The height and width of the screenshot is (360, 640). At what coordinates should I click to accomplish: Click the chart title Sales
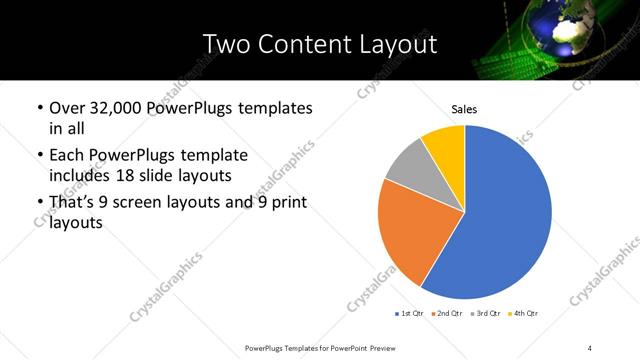coord(464,107)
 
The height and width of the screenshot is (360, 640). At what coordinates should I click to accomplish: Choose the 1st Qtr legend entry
coord(411,313)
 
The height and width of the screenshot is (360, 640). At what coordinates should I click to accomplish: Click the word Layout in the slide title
coord(398,44)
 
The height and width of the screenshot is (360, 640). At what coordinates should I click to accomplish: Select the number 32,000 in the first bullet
coord(118,108)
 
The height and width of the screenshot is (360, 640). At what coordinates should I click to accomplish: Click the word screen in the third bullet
coord(149,203)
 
